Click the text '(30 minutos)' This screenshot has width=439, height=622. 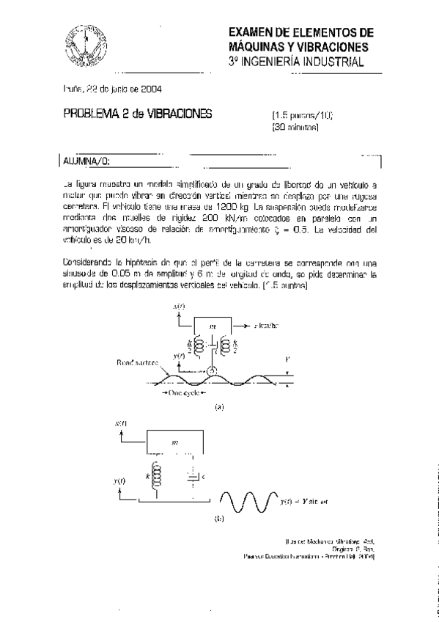pos(295,127)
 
